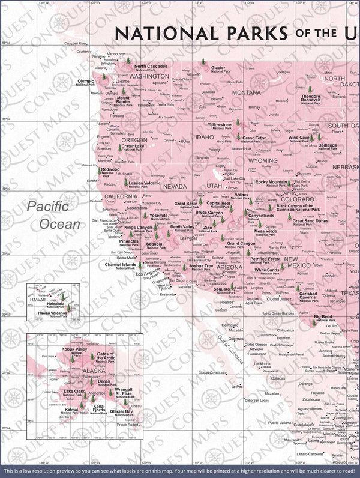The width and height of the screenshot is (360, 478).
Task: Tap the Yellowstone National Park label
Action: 219,126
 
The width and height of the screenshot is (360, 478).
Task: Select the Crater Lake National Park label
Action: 132,148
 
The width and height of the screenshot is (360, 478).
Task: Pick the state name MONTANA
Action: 247,92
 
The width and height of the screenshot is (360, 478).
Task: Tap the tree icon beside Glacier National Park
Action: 205,62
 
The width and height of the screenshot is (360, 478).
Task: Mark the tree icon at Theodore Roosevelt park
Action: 310,89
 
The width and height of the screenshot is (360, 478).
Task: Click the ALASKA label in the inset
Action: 77,371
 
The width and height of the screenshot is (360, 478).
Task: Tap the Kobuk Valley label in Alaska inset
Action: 74,350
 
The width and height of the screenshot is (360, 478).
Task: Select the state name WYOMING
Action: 263,161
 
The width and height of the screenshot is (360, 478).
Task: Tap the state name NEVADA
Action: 175,186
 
